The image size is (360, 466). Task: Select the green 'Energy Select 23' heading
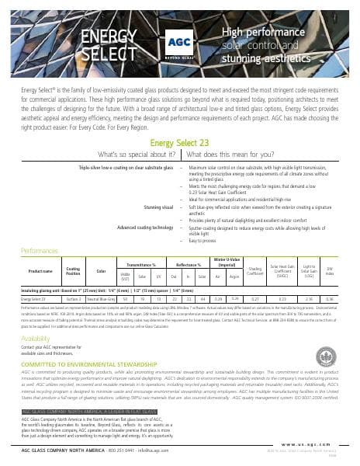tap(179, 142)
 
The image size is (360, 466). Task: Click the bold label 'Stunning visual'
tap(159, 208)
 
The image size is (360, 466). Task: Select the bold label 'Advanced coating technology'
tap(144, 227)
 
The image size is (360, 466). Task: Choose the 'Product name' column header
tap(40, 271)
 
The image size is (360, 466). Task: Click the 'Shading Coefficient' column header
tap(254, 271)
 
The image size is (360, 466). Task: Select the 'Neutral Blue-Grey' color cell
tap(100, 297)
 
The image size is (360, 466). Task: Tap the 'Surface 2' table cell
tap(73, 297)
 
